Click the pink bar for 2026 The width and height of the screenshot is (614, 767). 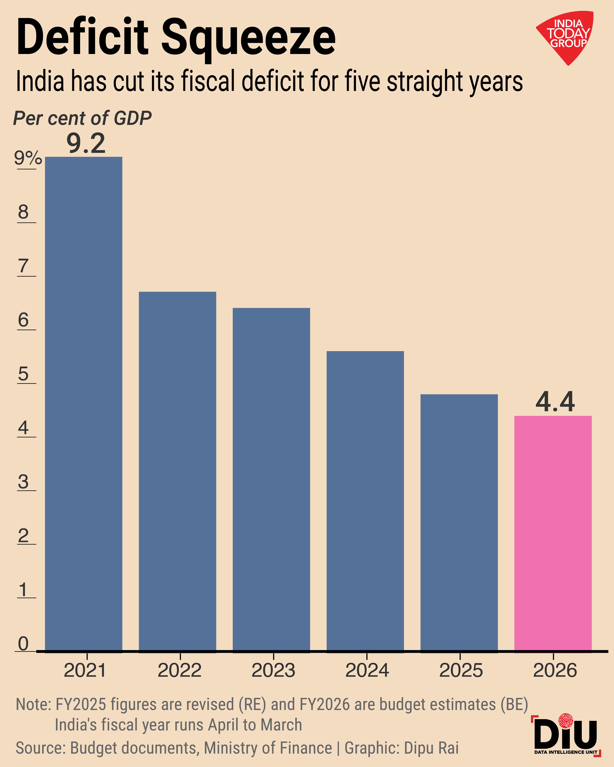[x=553, y=534]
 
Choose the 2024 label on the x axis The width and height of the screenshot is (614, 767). [x=367, y=671]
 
